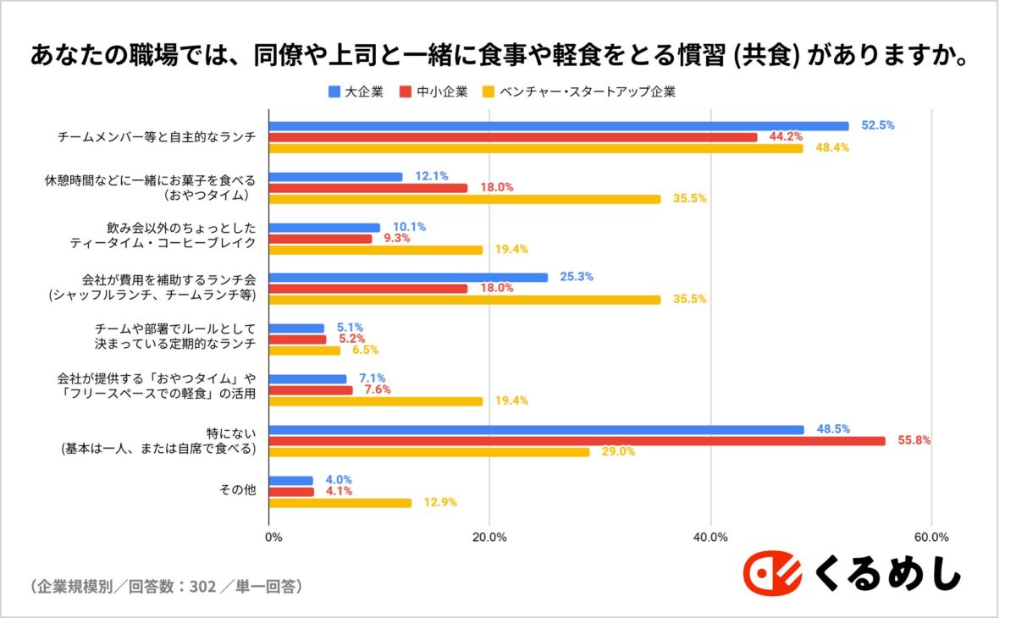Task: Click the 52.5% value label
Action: click(878, 125)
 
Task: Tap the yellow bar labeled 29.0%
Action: click(429, 452)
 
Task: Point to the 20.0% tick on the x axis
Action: click(489, 537)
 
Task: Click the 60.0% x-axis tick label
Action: click(931, 537)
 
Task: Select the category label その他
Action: click(238, 491)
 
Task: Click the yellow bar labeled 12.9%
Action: click(340, 503)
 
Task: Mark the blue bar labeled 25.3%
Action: click(408, 277)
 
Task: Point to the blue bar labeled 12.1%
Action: click(335, 177)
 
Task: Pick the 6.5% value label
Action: click(364, 350)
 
